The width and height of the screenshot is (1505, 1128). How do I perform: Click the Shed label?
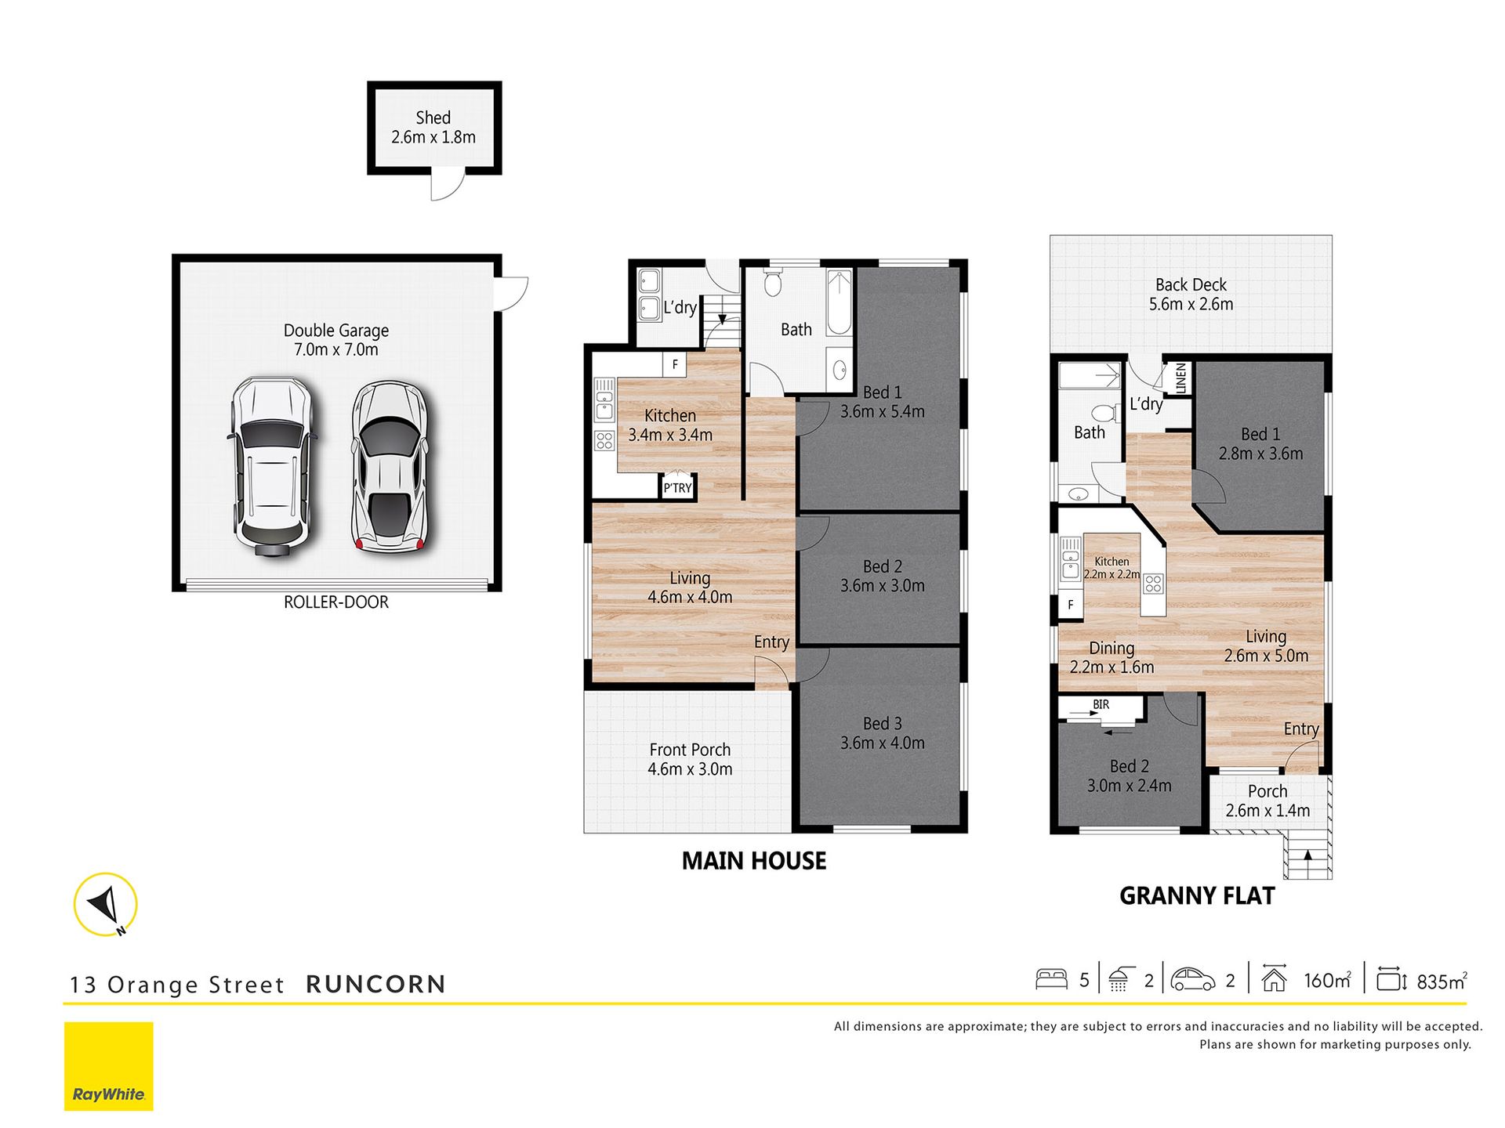coord(433,117)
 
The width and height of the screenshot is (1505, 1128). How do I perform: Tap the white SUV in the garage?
coord(272,467)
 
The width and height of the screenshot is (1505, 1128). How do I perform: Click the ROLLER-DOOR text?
coord(336,602)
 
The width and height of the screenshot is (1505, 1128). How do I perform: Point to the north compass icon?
coord(106,905)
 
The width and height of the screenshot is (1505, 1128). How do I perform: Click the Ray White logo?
coord(109,1066)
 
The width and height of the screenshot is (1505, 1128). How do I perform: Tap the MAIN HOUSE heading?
coord(754,861)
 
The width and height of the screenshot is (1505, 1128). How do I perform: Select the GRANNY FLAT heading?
coord(1197,896)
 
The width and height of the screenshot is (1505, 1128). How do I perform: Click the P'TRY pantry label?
coord(678,488)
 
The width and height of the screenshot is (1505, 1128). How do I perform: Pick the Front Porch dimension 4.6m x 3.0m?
coord(690,769)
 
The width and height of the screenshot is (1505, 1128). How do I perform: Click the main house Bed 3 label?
coord(883,724)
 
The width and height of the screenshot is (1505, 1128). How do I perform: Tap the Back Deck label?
coord(1191,285)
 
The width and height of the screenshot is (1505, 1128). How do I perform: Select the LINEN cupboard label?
coord(1180,378)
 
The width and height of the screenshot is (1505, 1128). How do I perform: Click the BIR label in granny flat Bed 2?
coord(1101,705)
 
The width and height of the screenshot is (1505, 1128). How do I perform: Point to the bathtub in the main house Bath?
coord(839,302)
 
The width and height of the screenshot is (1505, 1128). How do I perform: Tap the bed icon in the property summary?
coord(1051,979)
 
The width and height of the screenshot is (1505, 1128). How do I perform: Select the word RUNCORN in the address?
coord(375,985)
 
